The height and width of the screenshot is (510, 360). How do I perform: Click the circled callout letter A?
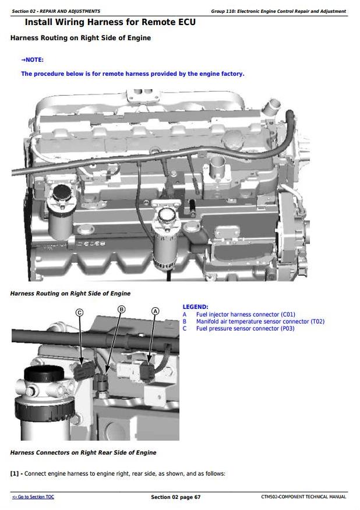pyautogui.click(x=156, y=311)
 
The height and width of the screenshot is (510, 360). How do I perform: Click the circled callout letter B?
pyautogui.click(x=121, y=309)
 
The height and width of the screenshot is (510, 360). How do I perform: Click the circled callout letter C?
pyautogui.click(x=79, y=312)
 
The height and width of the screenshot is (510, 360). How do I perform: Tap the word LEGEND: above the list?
pyautogui.click(x=196, y=307)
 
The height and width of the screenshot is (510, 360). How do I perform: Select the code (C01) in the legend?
pyautogui.click(x=288, y=315)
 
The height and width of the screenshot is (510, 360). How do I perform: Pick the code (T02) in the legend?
pyautogui.click(x=317, y=321)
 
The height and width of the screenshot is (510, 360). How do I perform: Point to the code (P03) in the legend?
pyautogui.click(x=287, y=329)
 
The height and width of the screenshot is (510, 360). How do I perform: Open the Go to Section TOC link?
pyautogui.click(x=33, y=497)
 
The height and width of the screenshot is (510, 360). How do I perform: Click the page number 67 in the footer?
pyautogui.click(x=197, y=497)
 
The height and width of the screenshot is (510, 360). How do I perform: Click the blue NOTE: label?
pyautogui.click(x=32, y=60)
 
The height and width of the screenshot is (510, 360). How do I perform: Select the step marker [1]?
pyautogui.click(x=15, y=473)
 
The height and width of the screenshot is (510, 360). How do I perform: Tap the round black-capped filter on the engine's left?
pyautogui.click(x=62, y=193)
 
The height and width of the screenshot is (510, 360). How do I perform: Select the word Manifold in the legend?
pyautogui.click(x=208, y=321)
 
